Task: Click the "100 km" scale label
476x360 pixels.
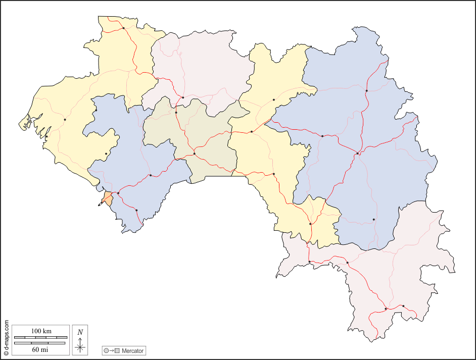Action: pyautogui.click(x=41, y=331)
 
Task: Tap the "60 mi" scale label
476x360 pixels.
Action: pyautogui.click(x=40, y=349)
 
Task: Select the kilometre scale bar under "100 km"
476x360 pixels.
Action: pyautogui.click(x=40, y=337)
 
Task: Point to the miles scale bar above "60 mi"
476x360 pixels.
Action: pyautogui.click(x=40, y=343)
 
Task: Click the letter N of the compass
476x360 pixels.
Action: pyautogui.click(x=80, y=332)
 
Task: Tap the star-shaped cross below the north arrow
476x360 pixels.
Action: pyautogui.click(x=80, y=347)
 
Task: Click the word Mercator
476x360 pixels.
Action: pyautogui.click(x=133, y=350)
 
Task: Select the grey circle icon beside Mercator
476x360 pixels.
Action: pyautogui.click(x=106, y=350)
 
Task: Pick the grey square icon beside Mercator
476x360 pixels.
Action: pyautogui.click(x=117, y=350)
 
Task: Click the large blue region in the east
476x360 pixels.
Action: pyautogui.click(x=364, y=151)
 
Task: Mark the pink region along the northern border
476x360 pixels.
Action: pyautogui.click(x=202, y=66)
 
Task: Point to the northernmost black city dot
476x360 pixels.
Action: pyautogui.click(x=124, y=28)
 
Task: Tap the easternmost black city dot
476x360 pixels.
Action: pyautogui.click(x=403, y=306)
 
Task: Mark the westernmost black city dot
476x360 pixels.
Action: pyautogui.click(x=46, y=136)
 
